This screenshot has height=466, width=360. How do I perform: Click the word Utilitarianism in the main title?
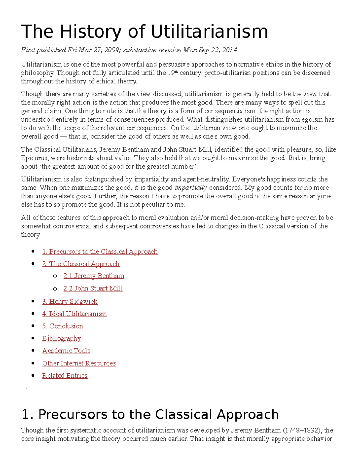pyautogui.click(x=209, y=32)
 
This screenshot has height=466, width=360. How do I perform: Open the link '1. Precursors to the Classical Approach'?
pyautogui.click(x=100, y=251)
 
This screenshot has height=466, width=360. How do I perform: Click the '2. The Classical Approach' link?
pyautogui.click(x=81, y=264)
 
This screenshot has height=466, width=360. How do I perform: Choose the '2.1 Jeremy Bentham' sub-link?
pyautogui.click(x=94, y=276)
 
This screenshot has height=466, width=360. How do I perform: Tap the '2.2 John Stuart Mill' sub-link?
pyautogui.click(x=93, y=288)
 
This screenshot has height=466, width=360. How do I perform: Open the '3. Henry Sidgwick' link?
pyautogui.click(x=70, y=301)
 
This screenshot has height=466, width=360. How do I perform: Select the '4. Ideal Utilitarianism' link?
pyautogui.click(x=74, y=314)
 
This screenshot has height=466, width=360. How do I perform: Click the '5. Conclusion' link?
pyautogui.click(x=62, y=326)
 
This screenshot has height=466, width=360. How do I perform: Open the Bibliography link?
pyautogui.click(x=61, y=338)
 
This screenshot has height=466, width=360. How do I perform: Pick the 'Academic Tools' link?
pyautogui.click(x=66, y=350)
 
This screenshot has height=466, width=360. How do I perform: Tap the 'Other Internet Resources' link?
pyautogui.click(x=79, y=363)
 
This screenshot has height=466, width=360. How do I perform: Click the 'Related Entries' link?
pyautogui.click(x=65, y=375)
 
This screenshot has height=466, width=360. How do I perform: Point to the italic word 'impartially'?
pyautogui.click(x=191, y=188)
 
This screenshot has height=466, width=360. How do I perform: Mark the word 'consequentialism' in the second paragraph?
pyautogui.click(x=231, y=111)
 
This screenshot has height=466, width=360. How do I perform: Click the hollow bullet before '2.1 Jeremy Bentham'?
pyautogui.click(x=55, y=276)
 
